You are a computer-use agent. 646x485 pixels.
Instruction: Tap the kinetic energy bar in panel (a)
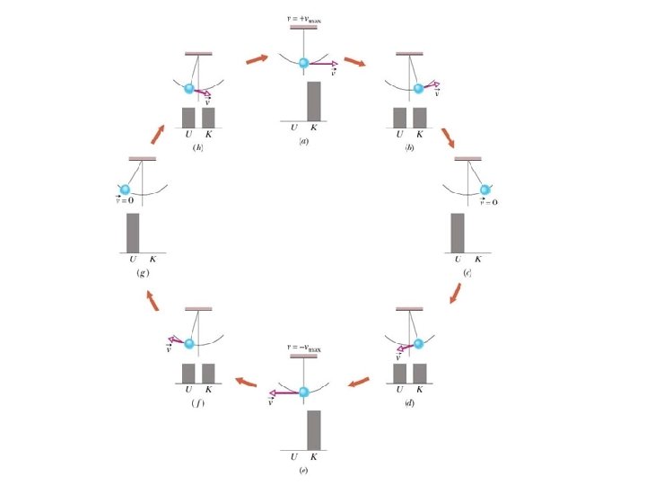(314, 101)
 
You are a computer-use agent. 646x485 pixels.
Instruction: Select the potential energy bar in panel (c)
(458, 234)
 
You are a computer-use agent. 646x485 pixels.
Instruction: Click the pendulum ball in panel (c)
(485, 190)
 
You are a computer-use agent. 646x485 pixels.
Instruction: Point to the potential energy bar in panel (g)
(133, 234)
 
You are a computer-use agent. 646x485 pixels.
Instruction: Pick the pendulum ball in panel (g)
(125, 190)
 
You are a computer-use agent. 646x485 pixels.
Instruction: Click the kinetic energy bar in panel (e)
(314, 429)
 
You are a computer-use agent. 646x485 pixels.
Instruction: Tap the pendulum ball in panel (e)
(303, 392)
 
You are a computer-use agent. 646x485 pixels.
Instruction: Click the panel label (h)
(197, 146)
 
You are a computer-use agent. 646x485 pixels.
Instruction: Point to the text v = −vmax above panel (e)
(303, 347)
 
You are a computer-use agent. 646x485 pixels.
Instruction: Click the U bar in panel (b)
(399, 118)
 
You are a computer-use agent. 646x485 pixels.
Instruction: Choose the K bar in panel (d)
(419, 373)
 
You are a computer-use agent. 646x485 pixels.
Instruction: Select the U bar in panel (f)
(188, 373)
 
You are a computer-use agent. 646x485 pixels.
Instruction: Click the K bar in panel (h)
(208, 118)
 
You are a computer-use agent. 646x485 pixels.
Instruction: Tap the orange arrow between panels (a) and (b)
(354, 63)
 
